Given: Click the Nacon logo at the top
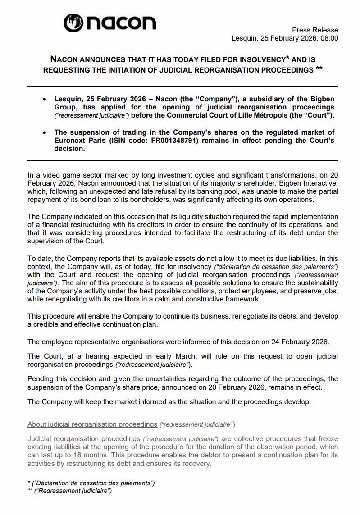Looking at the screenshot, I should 109,23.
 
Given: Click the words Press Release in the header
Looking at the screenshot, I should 315,30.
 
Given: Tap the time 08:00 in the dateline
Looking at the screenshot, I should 329,38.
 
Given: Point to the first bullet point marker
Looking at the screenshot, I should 44,99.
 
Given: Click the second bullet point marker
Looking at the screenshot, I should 44,132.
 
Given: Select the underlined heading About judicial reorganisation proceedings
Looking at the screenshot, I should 92,424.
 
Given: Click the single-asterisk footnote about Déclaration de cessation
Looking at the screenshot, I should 91,483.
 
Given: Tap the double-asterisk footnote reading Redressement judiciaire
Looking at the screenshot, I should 70,491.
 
